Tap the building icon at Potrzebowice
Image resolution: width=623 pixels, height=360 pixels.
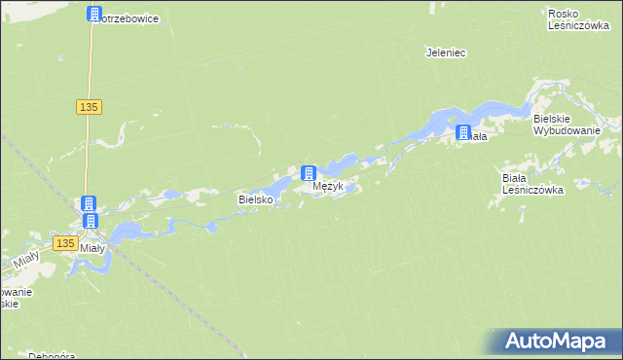pos(93,14)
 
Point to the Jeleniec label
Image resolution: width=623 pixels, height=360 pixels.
pos(446,53)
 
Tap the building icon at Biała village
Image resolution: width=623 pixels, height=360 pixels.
pos(463,132)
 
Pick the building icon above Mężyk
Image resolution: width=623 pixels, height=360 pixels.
pos(309,173)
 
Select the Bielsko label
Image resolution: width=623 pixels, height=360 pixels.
pos(256,199)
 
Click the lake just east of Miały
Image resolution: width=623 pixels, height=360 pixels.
pos(125,232)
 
